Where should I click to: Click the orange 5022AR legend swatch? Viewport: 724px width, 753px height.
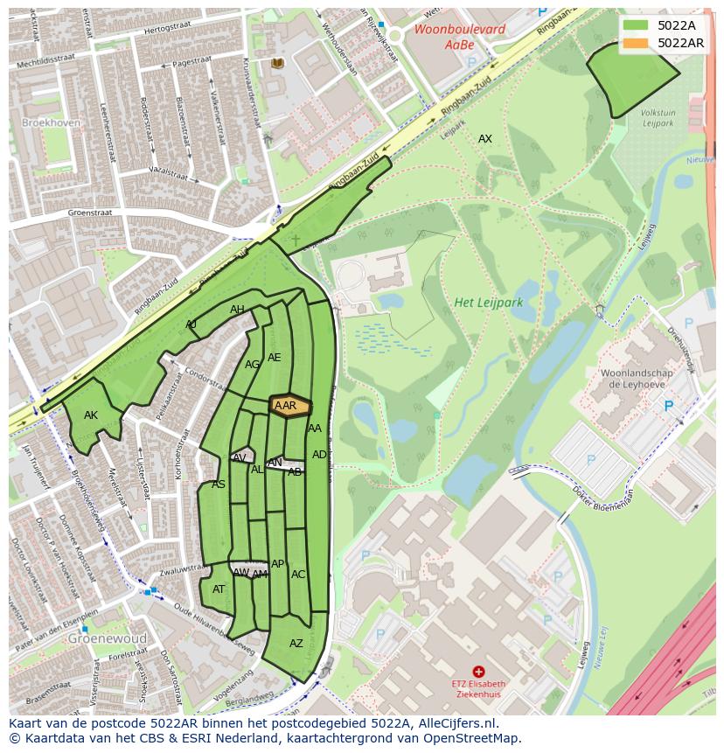click(637, 43)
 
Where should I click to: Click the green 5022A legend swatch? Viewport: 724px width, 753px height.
click(637, 25)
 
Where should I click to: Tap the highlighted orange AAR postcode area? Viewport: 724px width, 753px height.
click(290, 406)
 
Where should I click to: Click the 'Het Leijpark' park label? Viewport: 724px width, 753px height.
click(488, 303)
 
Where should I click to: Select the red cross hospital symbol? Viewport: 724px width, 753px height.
click(478, 671)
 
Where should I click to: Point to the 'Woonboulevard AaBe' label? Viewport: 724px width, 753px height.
click(448, 36)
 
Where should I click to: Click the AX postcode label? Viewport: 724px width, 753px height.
click(484, 139)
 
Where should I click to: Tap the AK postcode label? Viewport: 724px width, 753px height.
click(91, 415)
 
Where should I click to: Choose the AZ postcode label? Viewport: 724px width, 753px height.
click(296, 644)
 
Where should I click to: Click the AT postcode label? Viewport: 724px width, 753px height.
click(219, 589)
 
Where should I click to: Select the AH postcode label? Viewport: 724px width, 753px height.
click(237, 310)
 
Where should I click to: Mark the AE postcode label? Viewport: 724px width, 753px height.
click(275, 358)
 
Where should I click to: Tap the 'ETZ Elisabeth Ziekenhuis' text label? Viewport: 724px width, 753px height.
click(478, 688)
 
